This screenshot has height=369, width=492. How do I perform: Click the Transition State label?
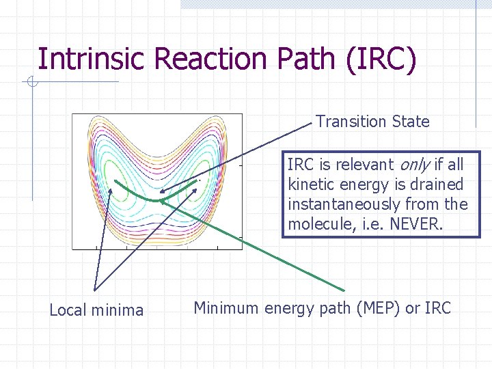372,122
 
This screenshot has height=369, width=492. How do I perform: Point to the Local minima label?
96,310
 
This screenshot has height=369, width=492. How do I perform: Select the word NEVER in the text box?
422,224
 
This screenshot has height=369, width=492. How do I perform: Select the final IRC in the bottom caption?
437,308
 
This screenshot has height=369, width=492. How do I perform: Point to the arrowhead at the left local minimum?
113,181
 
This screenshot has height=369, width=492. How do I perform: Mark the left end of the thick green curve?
115,182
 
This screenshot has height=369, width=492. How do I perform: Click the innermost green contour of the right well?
203,171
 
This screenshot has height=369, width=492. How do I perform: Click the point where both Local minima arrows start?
96,289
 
